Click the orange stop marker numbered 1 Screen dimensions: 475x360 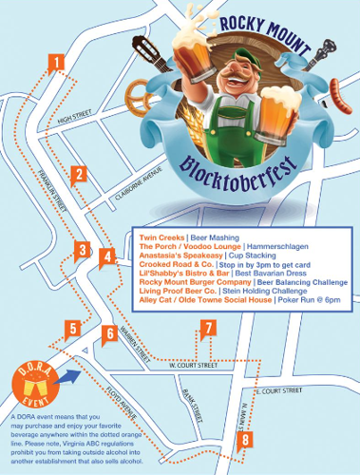[59, 63]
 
